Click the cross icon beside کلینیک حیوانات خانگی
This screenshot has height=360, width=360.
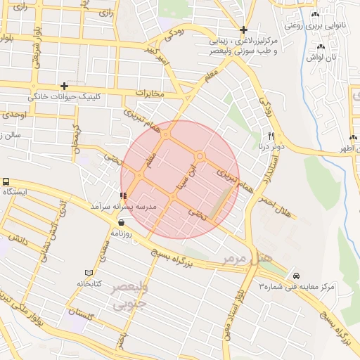64,85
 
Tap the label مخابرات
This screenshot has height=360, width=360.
149,93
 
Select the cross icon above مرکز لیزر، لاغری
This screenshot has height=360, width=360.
243,30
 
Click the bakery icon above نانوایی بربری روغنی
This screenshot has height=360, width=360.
314,15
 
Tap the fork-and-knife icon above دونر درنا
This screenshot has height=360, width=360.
271,136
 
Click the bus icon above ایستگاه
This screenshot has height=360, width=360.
7,181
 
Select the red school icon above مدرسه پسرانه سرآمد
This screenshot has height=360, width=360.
124,195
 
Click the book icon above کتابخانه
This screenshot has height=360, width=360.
89,273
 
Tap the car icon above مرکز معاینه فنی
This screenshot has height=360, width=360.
296,276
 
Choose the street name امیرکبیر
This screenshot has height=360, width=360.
156,55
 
